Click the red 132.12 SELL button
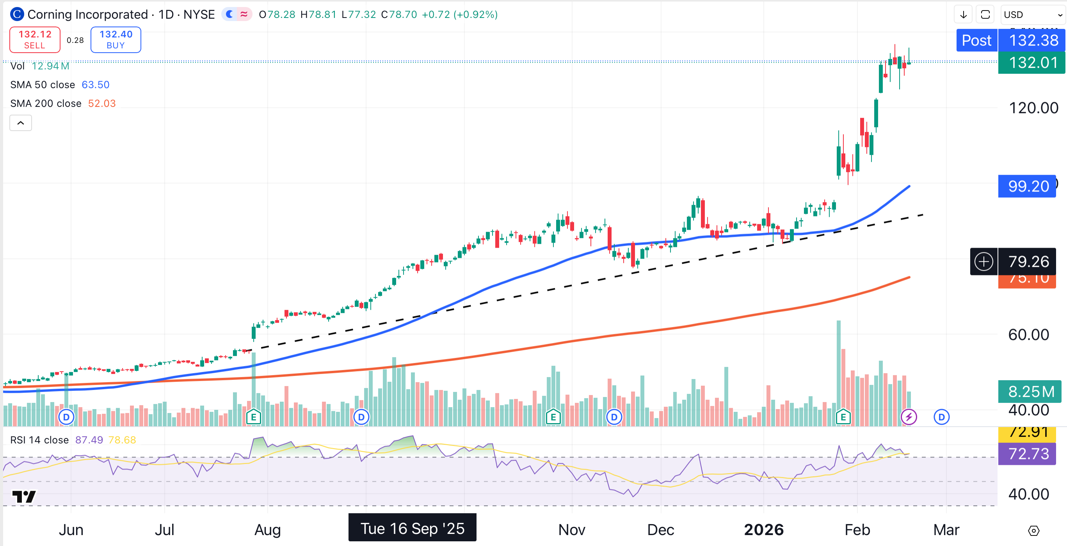35,40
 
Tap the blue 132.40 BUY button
116,40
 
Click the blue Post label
976,41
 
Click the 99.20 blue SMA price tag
1028,186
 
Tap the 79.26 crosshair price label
1028,262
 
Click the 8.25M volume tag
1031,391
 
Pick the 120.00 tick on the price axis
1033,108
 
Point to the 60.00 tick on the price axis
1028,335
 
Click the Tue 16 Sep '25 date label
412,528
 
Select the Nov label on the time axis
572,530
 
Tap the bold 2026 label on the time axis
763,530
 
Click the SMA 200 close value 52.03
102,103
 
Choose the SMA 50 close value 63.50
96,85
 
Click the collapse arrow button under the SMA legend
21,123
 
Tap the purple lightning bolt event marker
909,417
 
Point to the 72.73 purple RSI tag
1028,454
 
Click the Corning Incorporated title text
87,15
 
